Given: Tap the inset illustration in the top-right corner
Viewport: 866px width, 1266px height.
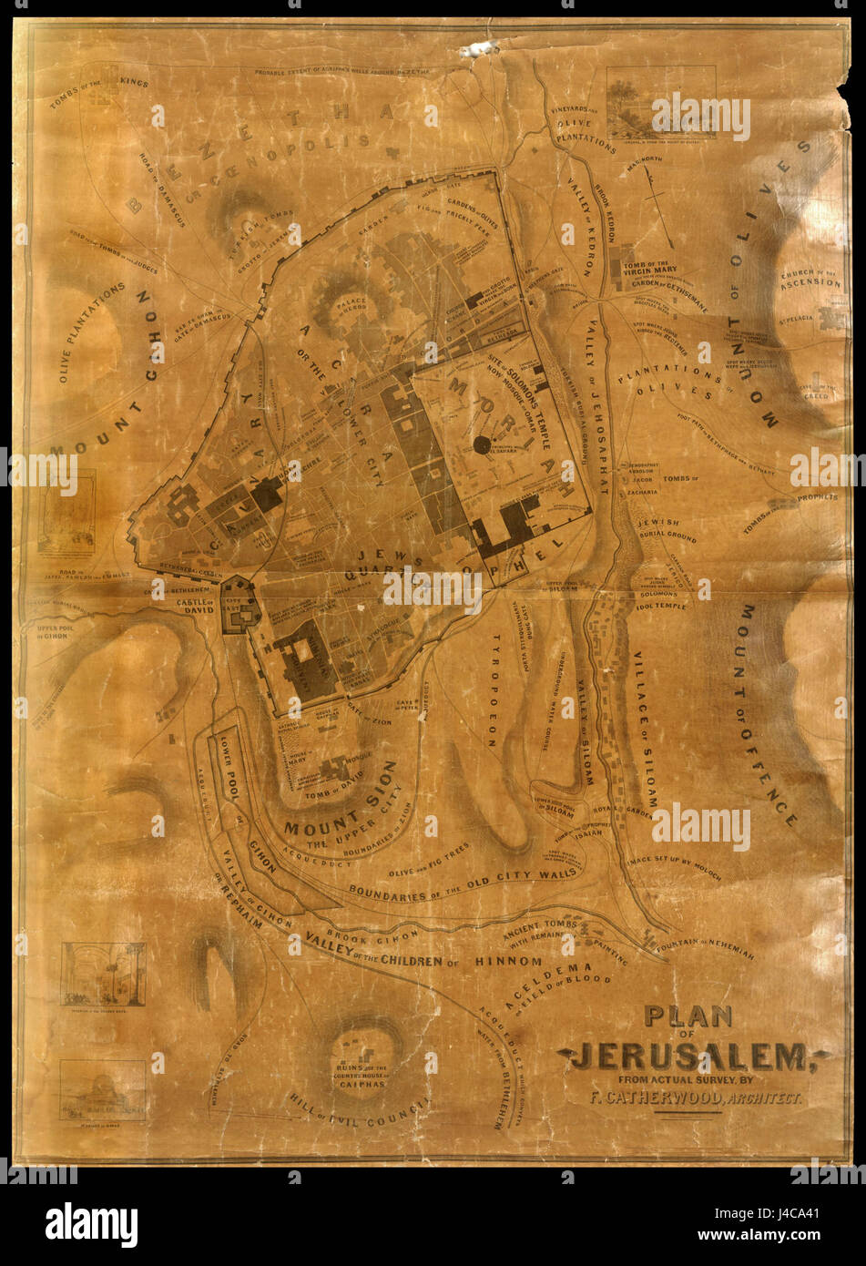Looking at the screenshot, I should pos(650,99).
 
